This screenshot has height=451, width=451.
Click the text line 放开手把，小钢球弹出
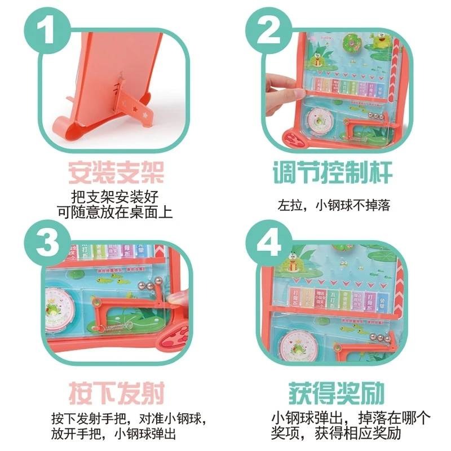pos(113,434)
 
